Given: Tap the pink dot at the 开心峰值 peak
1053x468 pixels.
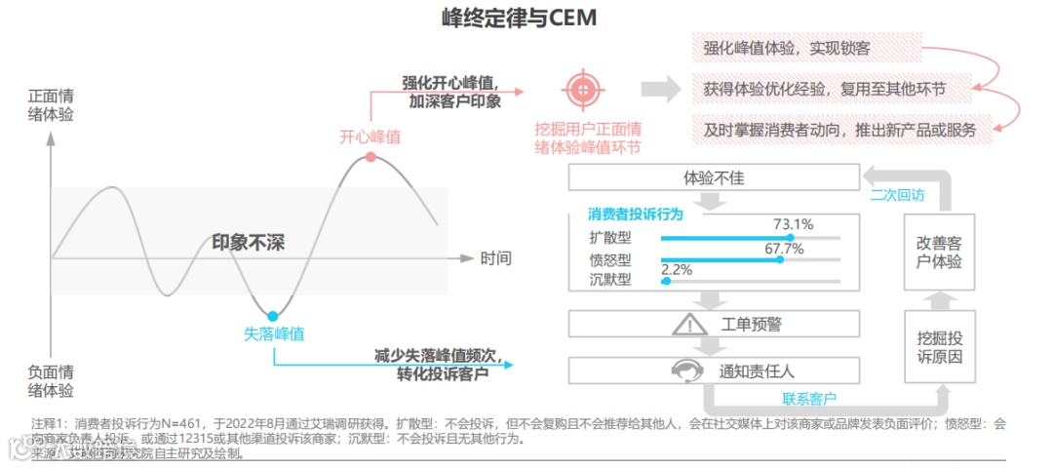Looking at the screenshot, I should coord(370,157).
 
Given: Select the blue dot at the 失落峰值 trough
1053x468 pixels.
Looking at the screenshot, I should coord(273,316).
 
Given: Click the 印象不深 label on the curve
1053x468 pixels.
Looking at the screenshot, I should coord(248,243).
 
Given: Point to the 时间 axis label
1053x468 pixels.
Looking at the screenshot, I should coord(495,258).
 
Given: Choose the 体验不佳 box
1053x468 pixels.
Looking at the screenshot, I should coord(714,178).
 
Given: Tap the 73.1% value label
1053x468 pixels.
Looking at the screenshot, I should coord(793,224).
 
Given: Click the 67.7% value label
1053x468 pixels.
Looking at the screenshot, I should coord(784,249).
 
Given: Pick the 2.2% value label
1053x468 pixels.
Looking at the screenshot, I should coord(677,269).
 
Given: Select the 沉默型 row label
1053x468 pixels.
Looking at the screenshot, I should coord(610,281).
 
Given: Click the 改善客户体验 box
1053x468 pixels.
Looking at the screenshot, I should coord(939,253).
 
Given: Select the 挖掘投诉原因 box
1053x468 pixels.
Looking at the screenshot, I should coord(939,348).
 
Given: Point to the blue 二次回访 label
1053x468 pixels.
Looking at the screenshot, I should coord(897,195).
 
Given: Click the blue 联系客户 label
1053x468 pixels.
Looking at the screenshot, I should coord(809,398).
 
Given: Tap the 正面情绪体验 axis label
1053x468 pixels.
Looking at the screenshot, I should coord(51,105).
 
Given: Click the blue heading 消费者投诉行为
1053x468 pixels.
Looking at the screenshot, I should coord(635,214).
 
